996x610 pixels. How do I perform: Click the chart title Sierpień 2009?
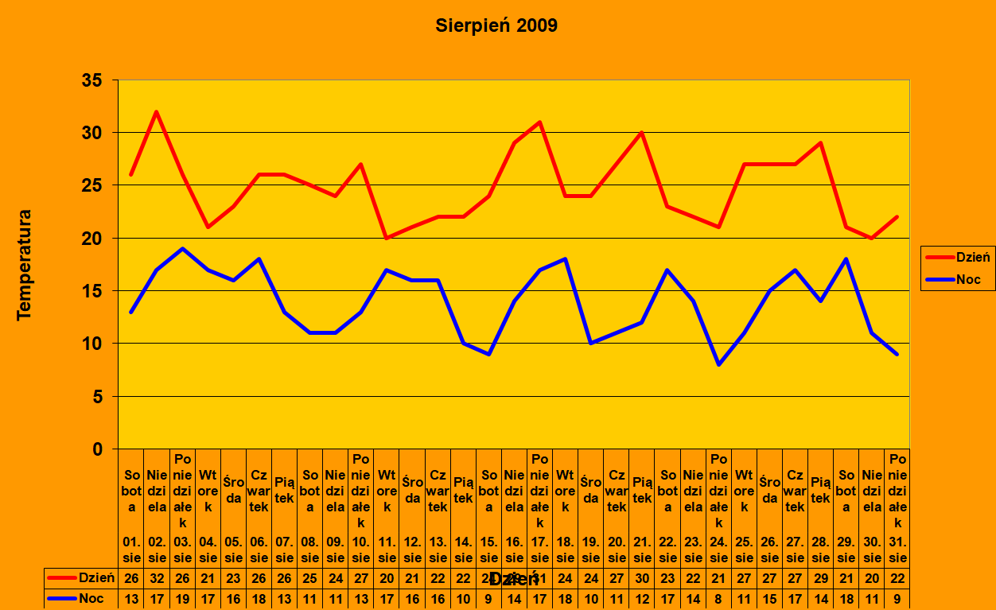click(x=496, y=25)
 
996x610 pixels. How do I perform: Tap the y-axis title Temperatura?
click(x=25, y=265)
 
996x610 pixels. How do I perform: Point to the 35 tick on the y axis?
click(x=91, y=80)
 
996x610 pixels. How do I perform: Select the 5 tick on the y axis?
click(x=96, y=396)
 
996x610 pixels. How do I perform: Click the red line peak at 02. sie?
click(x=157, y=111)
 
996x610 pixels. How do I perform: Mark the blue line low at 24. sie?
click(x=719, y=364)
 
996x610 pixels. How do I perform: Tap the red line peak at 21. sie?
click(x=642, y=133)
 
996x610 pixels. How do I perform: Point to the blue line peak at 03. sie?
click(x=182, y=249)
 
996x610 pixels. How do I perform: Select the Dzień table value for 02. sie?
click(x=157, y=578)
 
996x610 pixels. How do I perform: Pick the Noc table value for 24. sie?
click(x=719, y=599)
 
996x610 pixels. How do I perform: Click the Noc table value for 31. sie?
click(x=897, y=599)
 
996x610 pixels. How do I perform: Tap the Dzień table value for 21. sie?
click(x=642, y=578)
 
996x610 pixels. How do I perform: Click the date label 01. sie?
click(x=131, y=550)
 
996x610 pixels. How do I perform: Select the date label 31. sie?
click(x=897, y=550)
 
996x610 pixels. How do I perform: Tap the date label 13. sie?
click(x=438, y=550)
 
